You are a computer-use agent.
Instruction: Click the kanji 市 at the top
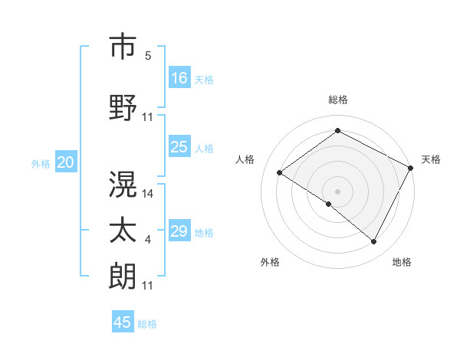tap(123, 48)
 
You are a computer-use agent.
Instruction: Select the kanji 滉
tap(123, 185)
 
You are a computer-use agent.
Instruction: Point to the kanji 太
tap(123, 231)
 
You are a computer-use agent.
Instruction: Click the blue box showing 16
tap(179, 77)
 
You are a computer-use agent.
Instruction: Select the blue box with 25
tap(179, 147)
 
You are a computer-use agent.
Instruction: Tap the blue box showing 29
tap(179, 231)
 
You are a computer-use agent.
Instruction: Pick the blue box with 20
tap(66, 162)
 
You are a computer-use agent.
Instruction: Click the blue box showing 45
tap(123, 322)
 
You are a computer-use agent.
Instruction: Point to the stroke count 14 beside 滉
tap(148, 194)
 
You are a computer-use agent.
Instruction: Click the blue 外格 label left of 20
tap(41, 163)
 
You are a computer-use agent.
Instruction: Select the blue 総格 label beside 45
tap(147, 324)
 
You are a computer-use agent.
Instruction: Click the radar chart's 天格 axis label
tap(431, 159)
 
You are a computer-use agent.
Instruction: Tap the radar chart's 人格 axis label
tap(245, 159)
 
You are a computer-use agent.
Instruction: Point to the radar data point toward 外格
tap(329, 204)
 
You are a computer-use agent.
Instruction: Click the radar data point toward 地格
tap(374, 242)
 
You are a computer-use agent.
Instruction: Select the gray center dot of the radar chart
tap(337, 191)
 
